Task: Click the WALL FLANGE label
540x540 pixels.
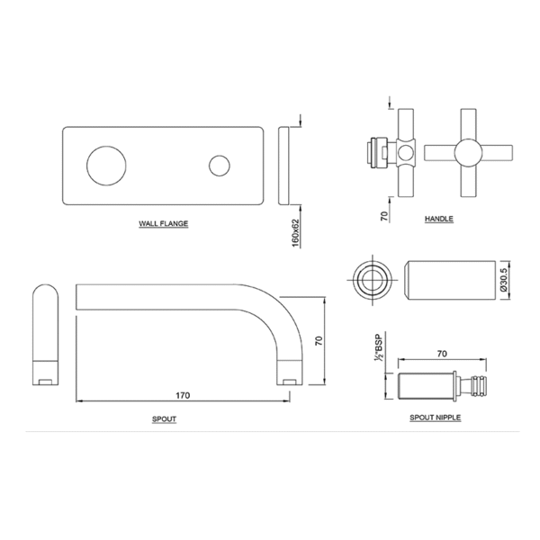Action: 163,223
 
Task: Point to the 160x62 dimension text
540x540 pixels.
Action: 296,233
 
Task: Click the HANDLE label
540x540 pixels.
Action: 439,219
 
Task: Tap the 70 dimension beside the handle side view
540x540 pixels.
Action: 384,216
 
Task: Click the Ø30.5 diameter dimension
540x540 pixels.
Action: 503,280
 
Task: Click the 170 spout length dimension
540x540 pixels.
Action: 183,395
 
